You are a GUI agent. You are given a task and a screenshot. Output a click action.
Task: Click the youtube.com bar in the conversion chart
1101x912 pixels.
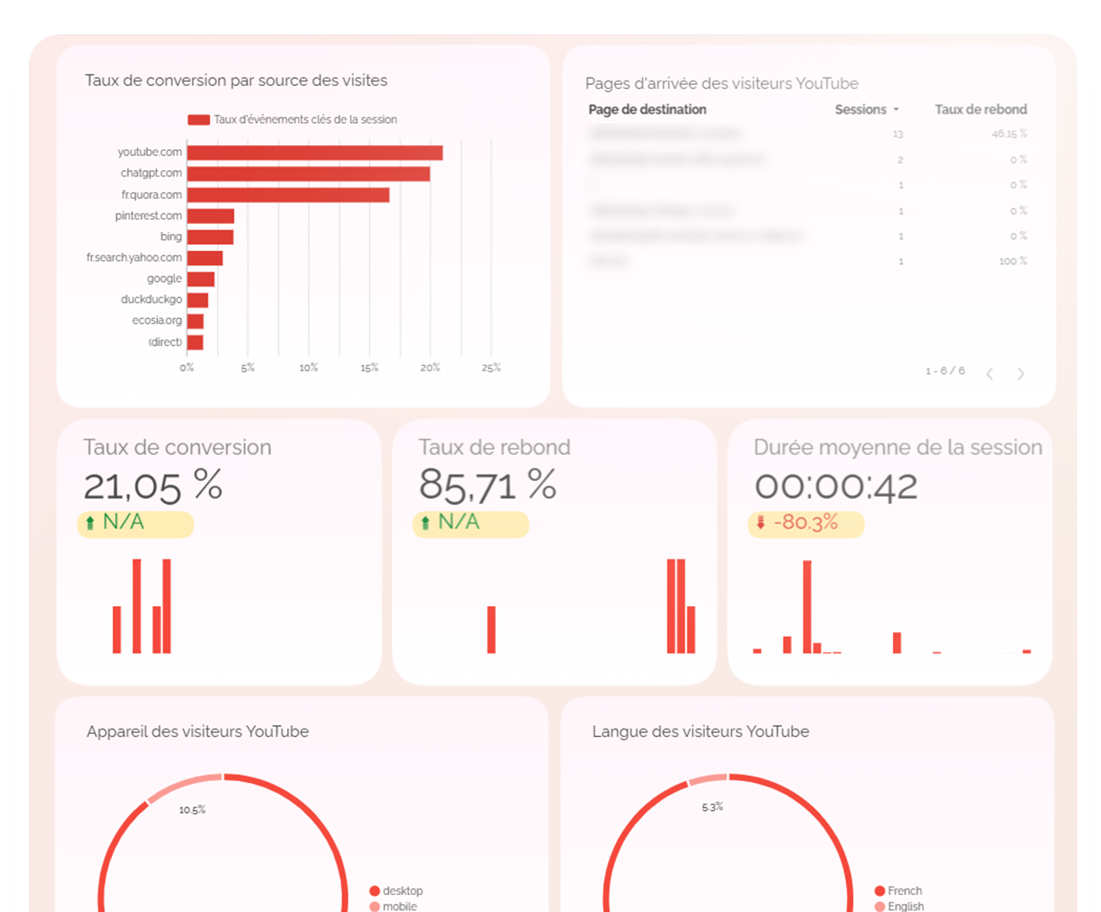click(315, 153)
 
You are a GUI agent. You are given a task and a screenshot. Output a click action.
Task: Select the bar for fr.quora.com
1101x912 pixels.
click(288, 195)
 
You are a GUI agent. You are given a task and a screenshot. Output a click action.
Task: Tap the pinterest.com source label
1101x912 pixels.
click(149, 216)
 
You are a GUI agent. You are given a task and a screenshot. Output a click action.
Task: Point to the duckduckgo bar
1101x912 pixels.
click(197, 300)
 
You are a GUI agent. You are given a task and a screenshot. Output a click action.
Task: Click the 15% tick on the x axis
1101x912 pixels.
click(369, 368)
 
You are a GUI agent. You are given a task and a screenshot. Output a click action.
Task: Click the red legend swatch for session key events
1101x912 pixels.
click(199, 120)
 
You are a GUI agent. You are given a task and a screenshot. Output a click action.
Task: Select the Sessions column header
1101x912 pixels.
click(861, 110)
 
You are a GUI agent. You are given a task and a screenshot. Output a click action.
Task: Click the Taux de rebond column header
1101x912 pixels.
click(981, 110)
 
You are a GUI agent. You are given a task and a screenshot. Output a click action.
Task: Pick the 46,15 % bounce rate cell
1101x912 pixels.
click(1009, 134)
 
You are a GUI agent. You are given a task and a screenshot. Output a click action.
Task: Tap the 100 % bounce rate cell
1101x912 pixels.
click(1012, 262)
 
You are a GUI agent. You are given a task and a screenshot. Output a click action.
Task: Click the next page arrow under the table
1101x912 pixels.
click(1020, 374)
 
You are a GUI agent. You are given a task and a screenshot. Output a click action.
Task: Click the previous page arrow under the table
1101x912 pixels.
click(990, 374)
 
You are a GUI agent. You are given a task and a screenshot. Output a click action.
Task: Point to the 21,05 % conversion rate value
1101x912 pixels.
click(153, 486)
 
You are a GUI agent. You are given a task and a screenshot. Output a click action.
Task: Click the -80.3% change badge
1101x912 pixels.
click(806, 524)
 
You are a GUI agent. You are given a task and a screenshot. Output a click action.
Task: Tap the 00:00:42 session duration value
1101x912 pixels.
click(836, 487)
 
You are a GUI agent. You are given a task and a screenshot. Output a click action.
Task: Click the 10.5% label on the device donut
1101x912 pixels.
click(192, 810)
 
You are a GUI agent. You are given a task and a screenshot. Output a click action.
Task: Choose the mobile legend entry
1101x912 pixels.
click(399, 906)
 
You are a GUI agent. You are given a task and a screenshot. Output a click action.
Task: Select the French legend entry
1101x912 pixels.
click(904, 891)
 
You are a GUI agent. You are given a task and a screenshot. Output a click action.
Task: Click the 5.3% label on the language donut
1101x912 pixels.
click(712, 807)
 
